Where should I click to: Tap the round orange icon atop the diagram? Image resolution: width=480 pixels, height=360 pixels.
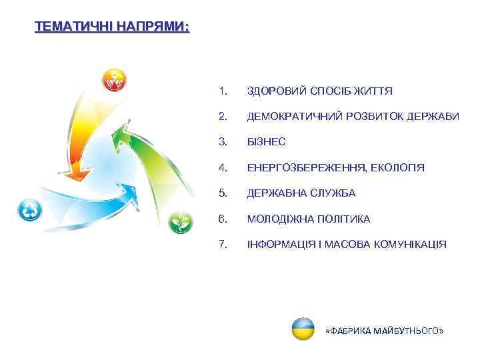113,81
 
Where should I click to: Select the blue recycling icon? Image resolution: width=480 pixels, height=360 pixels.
30,210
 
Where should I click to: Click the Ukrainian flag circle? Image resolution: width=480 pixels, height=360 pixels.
303,329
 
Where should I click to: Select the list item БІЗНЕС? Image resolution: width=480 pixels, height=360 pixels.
266,142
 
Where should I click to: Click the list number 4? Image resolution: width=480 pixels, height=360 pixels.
222,167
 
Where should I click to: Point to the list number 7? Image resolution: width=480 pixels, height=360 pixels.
222,245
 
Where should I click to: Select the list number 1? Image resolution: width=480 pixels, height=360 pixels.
222,91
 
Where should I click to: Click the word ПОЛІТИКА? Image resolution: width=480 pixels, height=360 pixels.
350,219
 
